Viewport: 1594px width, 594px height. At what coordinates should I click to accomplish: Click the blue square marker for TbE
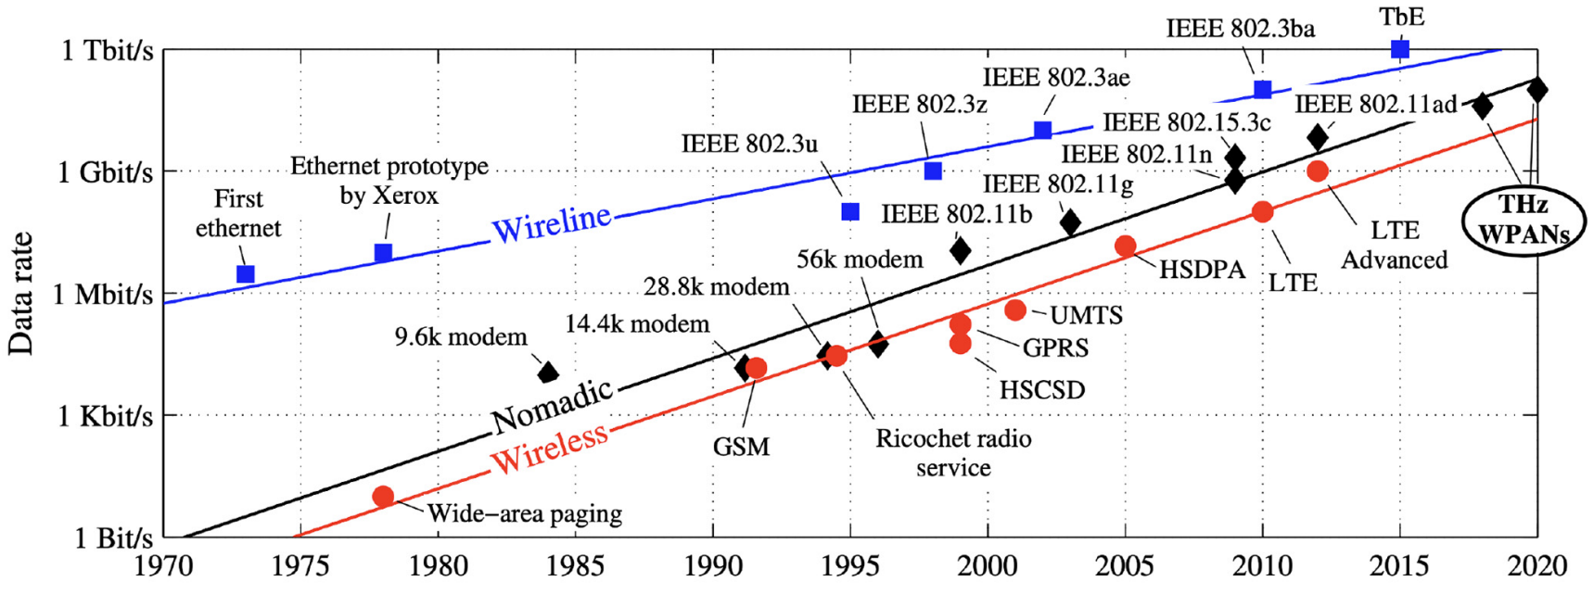pos(1400,49)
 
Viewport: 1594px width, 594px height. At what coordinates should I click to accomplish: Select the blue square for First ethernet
pos(246,274)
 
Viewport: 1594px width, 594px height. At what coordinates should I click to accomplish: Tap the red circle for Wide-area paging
pos(383,497)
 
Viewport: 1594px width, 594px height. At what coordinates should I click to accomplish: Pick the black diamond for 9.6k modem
pos(548,373)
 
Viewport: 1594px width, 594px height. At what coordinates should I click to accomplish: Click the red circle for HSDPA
pos(1125,246)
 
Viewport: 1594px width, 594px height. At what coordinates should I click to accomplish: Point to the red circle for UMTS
pos(1015,310)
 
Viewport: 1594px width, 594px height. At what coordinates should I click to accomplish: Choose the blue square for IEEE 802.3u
pos(850,212)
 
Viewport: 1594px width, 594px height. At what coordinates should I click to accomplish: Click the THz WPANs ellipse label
pos(1524,221)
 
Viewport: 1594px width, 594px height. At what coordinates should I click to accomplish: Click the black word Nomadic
pos(553,406)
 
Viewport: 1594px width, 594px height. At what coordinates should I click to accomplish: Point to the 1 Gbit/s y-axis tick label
pos(105,172)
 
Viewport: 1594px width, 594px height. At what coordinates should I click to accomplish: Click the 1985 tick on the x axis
pos(575,565)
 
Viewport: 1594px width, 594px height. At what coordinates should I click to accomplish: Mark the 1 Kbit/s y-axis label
pos(105,416)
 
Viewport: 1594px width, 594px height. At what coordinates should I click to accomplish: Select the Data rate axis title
pos(20,294)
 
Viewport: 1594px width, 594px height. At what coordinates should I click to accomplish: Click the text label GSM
pos(741,447)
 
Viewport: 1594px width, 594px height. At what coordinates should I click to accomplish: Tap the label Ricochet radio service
pos(953,452)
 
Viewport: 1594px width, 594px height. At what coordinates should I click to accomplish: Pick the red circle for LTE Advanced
pos(1317,171)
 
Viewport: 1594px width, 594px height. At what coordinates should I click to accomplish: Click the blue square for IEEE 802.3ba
pos(1262,90)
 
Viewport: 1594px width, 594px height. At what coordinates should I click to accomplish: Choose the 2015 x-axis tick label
pos(1400,565)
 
